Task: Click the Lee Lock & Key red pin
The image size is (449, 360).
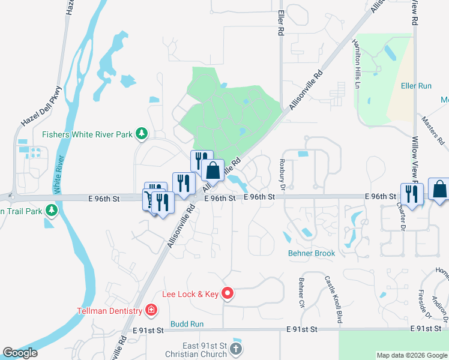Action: pyautogui.click(x=228, y=294)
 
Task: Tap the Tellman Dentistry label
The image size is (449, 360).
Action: pyautogui.click(x=109, y=310)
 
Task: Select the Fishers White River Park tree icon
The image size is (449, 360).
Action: pyautogui.click(x=141, y=134)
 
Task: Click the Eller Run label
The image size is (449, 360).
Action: pyautogui.click(x=416, y=86)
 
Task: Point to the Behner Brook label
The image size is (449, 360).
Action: pyautogui.click(x=311, y=253)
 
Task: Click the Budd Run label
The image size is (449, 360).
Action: pyautogui.click(x=187, y=324)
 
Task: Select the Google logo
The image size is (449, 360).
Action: pyautogui.click(x=20, y=353)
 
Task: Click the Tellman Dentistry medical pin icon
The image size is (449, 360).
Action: pyautogui.click(x=151, y=310)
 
